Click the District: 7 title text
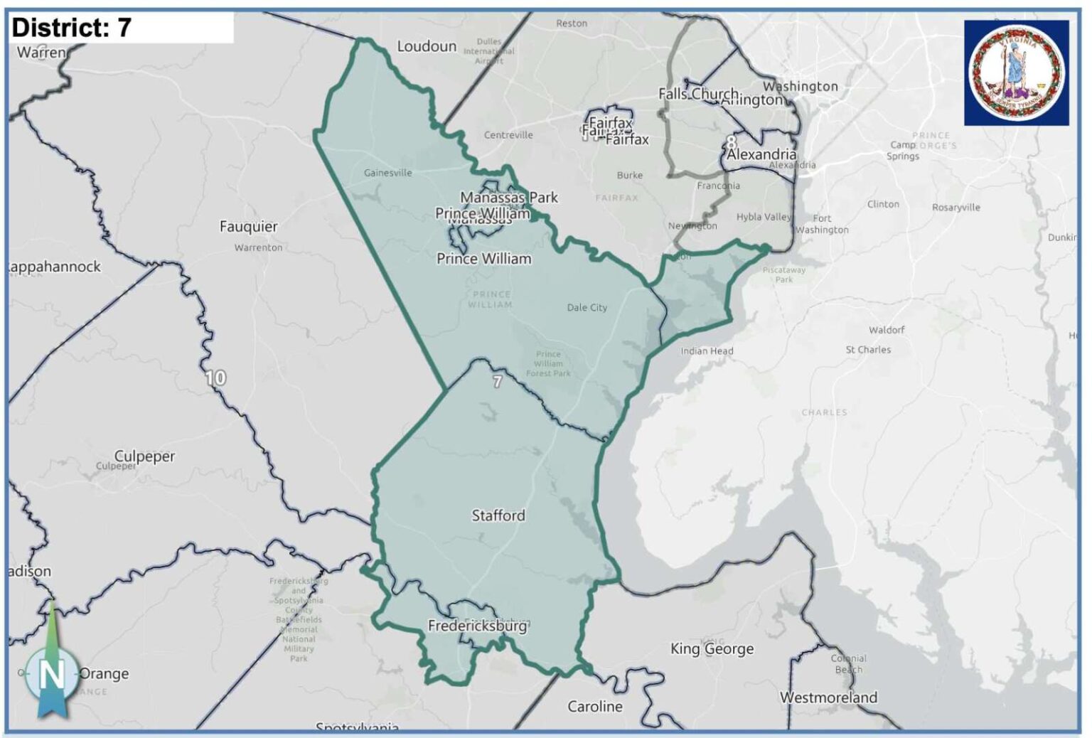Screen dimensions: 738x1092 coord(72,28)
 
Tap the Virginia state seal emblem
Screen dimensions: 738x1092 coord(1016,73)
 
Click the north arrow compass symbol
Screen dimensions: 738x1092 coord(51,672)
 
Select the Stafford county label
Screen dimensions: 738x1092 coord(498,515)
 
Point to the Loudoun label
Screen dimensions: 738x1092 coord(427,46)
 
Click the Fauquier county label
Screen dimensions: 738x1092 coord(248,227)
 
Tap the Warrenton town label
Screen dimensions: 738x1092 coord(258,247)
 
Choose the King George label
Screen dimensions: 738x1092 coord(712,648)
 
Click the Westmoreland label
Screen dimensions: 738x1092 coord(828,697)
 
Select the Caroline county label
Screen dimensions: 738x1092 coord(594,706)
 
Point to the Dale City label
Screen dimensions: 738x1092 coord(587,308)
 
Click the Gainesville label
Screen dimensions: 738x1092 coord(387,173)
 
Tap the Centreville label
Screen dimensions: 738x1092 coord(508,135)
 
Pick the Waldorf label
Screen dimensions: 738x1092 coord(887,330)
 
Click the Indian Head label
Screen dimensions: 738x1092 coord(707,351)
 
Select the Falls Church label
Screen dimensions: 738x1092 coord(697,93)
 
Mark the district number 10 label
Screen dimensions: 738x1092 coord(215,378)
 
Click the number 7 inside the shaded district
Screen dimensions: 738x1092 coord(498,382)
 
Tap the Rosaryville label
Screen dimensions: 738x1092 coord(955,208)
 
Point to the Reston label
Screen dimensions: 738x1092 coord(572,23)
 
